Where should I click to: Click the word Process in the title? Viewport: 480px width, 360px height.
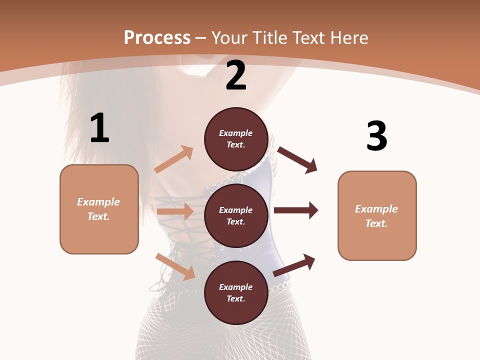(x=157, y=38)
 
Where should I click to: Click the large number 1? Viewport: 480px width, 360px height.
(x=99, y=128)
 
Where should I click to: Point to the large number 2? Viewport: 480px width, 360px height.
(x=236, y=76)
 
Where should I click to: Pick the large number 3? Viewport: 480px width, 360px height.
(x=376, y=136)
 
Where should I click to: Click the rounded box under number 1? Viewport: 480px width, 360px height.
(x=99, y=209)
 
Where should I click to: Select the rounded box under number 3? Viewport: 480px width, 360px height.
(x=377, y=216)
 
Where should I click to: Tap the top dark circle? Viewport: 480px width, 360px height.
(x=236, y=139)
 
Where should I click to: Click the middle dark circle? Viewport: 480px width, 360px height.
(x=236, y=215)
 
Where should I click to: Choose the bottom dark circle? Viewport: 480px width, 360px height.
(x=236, y=292)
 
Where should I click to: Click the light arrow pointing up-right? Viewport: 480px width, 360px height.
(x=174, y=159)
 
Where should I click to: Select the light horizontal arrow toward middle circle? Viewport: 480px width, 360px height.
(x=175, y=211)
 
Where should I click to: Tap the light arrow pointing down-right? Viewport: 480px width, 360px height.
(x=175, y=266)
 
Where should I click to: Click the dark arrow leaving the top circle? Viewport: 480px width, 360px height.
(x=297, y=159)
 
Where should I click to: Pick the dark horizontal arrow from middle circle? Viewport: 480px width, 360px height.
(x=296, y=210)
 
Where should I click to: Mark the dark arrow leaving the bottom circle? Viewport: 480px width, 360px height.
(x=294, y=265)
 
